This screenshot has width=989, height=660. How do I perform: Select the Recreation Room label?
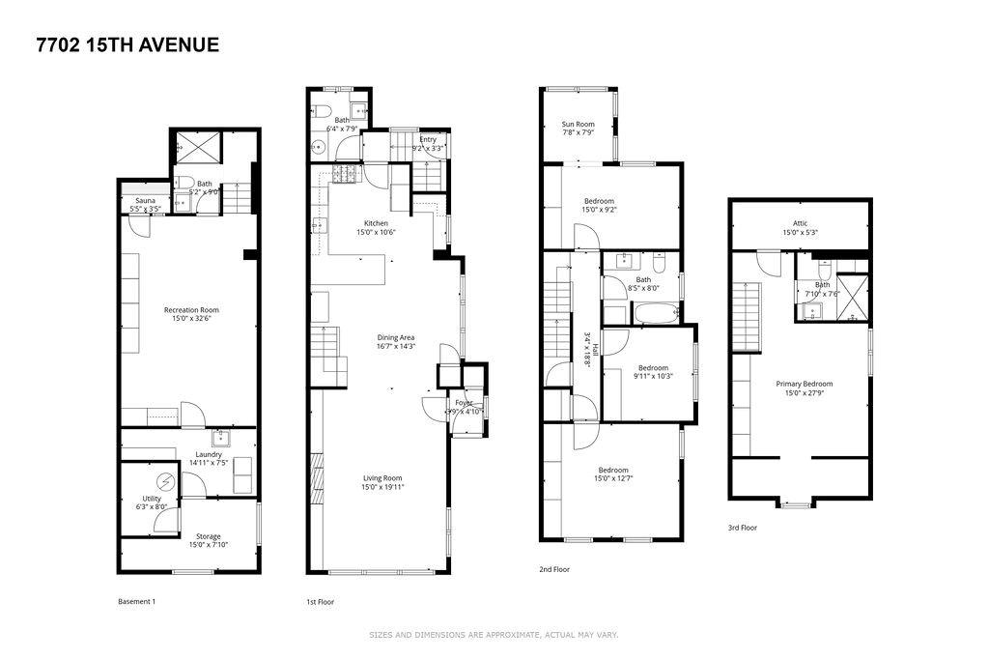[191, 310]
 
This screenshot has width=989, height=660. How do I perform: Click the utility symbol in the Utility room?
[164, 480]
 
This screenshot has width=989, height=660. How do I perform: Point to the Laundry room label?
[209, 454]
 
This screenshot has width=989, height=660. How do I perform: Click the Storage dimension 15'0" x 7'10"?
[208, 545]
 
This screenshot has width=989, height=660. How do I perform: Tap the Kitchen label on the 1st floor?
[376, 222]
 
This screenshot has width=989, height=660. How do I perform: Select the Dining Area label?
[395, 337]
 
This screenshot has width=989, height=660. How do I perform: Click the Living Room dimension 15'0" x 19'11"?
[382, 487]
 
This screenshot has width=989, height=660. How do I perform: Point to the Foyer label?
[465, 402]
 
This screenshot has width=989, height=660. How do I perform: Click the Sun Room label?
[579, 124]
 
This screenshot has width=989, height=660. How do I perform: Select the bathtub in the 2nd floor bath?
[656, 313]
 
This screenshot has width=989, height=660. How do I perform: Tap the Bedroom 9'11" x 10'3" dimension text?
[652, 376]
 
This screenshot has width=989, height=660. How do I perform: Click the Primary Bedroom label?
[805, 384]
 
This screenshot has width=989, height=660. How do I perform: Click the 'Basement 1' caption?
[136, 601]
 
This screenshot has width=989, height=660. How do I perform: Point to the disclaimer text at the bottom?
[494, 635]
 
